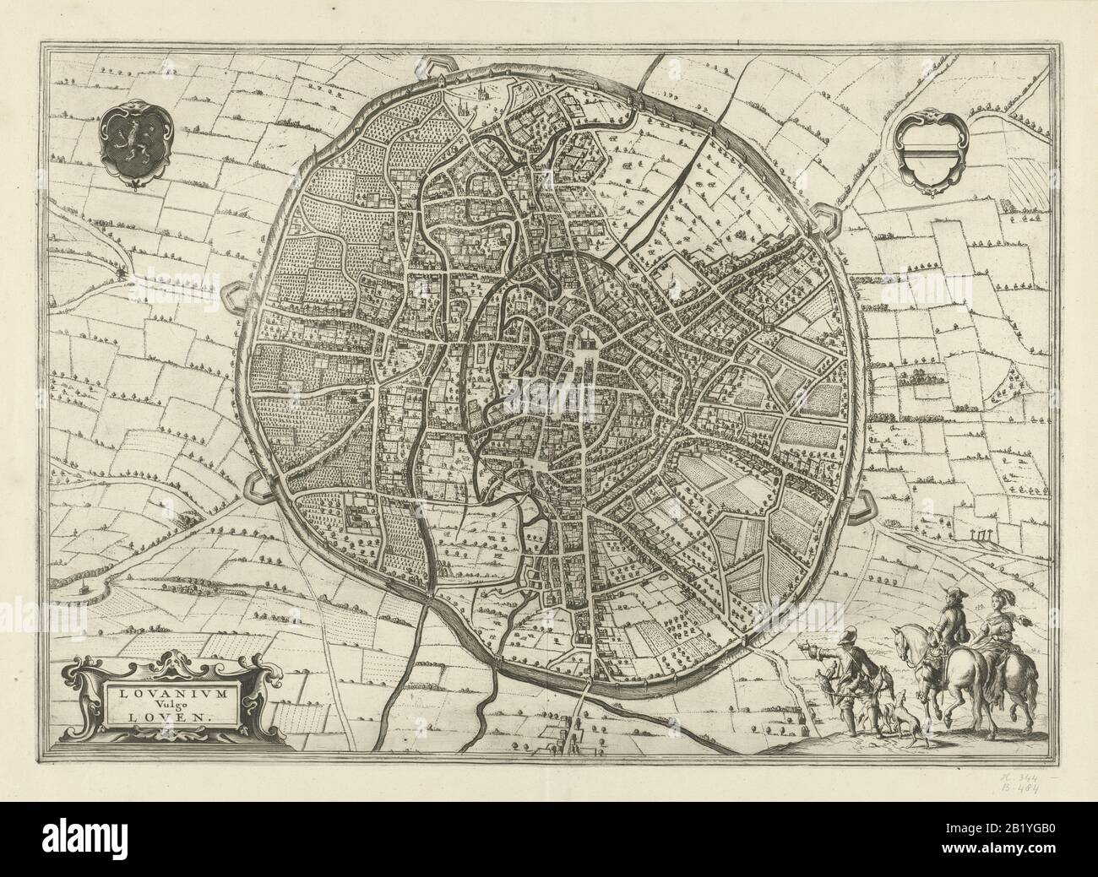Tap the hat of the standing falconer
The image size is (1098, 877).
click(x=845, y=634)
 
